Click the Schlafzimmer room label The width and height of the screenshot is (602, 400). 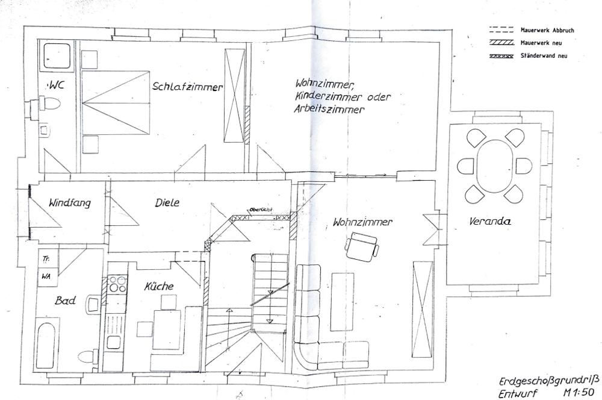[187, 87]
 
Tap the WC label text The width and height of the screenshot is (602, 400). [55, 85]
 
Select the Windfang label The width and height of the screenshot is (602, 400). [69, 202]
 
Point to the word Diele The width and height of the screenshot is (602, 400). [167, 202]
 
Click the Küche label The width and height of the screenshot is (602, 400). [158, 286]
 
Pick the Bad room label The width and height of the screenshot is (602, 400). [65, 300]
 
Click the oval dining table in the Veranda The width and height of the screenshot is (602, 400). [494, 166]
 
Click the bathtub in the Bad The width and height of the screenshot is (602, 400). [46, 345]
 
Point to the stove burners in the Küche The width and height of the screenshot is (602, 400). [117, 284]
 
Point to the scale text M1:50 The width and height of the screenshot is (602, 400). [578, 393]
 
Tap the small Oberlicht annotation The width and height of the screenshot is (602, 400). [261, 210]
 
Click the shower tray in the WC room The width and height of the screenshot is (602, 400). [57, 56]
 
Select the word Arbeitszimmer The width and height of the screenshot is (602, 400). [329, 109]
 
